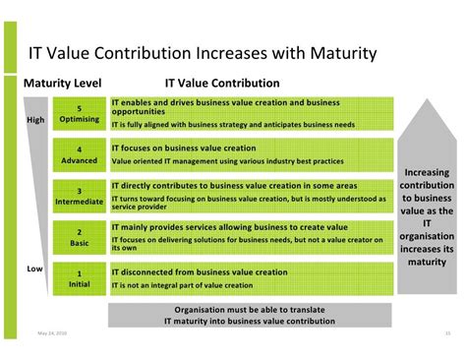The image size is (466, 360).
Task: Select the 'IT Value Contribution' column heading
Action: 221,84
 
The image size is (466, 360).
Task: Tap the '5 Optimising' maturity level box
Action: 80,114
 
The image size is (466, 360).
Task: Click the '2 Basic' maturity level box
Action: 80,237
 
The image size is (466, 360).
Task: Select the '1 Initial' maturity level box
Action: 80,278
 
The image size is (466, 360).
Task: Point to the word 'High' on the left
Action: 35,121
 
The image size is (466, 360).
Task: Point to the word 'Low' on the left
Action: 33,269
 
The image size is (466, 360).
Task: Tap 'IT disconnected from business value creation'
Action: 200,271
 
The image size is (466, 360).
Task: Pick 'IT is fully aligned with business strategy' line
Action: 233,125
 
